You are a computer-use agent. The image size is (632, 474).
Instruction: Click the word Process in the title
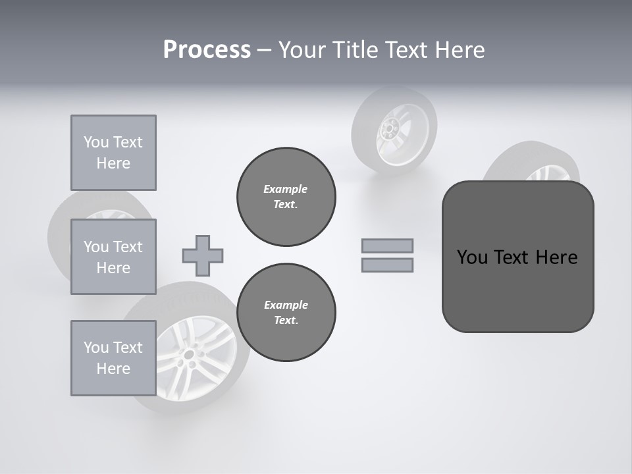207,50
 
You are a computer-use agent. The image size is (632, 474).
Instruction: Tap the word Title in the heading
355,50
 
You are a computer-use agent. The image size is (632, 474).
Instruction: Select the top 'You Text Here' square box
113,153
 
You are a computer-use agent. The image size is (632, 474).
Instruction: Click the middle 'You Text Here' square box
113,257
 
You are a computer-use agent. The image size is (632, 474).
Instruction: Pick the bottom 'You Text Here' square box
113,358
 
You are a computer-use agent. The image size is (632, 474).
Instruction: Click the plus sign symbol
203,255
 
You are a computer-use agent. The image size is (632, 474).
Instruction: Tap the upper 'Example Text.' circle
286,197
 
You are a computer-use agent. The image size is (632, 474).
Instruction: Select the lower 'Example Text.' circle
286,313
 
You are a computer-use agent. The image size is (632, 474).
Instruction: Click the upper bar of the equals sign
387,246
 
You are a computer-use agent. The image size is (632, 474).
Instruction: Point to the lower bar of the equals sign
387,265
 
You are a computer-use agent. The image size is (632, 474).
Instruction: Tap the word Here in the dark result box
556,257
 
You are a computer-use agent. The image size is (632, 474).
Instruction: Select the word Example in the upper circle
286,189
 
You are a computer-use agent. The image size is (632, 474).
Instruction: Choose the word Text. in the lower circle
286,321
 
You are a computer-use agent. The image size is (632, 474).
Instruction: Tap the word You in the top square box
96,142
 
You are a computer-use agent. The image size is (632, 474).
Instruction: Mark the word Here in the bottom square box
113,369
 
